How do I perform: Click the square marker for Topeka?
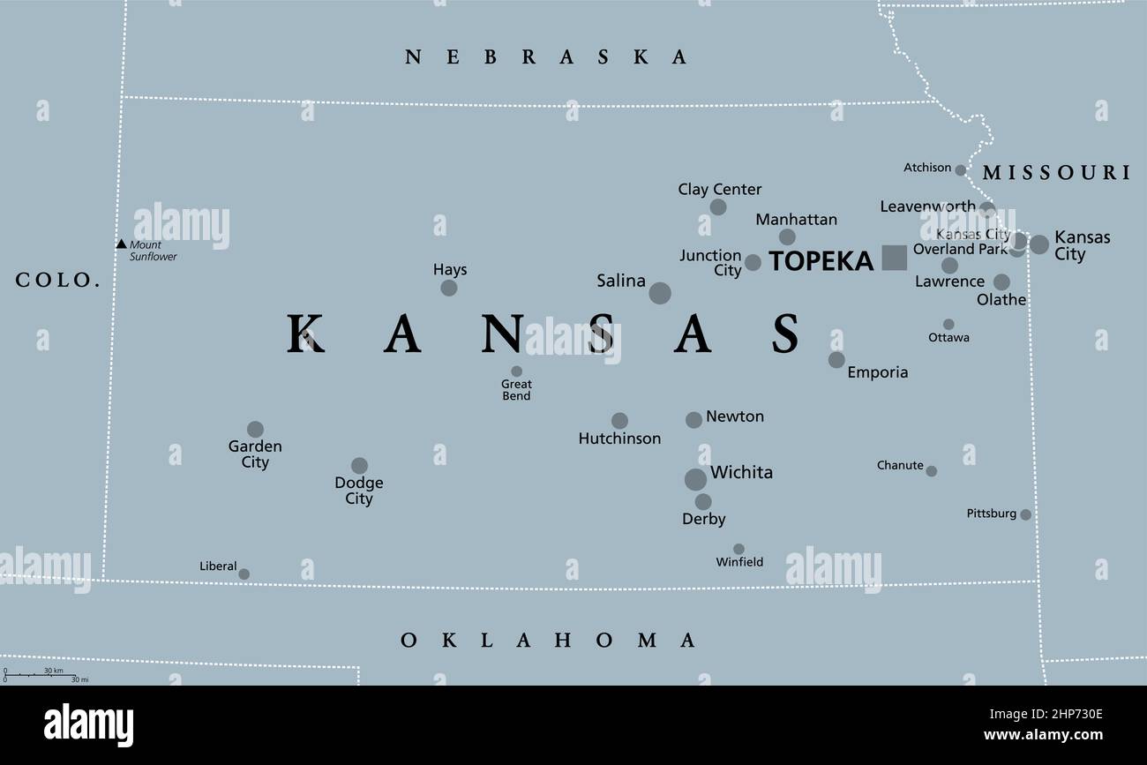[894, 258]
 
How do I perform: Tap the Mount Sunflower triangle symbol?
[121, 244]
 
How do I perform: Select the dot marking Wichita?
[695, 479]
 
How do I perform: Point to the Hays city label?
[450, 269]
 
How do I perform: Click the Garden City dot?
[255, 430]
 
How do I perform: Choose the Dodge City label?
[359, 491]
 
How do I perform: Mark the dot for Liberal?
[244, 574]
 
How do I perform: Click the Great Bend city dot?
[517, 371]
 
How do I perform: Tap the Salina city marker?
[660, 293]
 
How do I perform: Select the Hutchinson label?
[619, 439]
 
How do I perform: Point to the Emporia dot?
[836, 360]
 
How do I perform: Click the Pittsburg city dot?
[1025, 514]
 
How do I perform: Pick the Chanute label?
[900, 465]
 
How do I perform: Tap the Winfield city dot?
[738, 549]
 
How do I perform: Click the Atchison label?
[927, 167]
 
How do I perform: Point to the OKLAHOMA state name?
[548, 641]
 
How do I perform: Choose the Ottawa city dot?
[948, 325]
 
